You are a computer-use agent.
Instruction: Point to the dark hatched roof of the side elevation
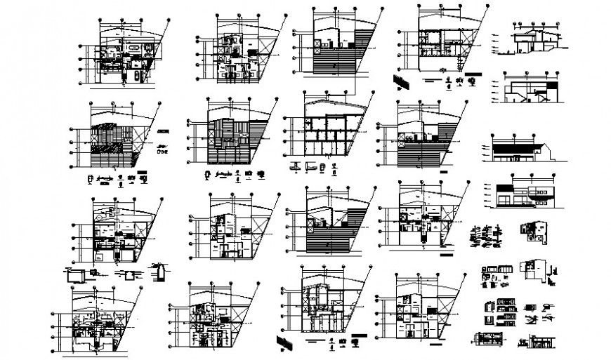coord(516,148)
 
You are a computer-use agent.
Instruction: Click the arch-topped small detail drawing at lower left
coord(160,271)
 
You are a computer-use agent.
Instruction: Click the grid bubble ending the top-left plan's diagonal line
coord(169,23)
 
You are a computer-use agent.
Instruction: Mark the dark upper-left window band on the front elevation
coord(505,187)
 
